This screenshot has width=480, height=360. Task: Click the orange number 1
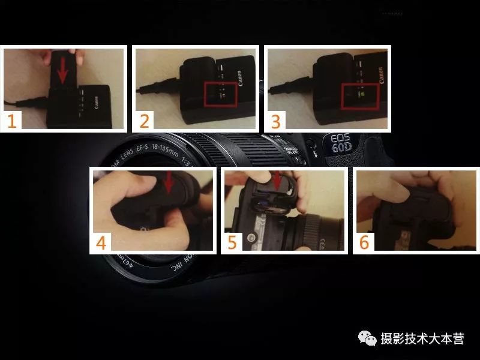pyautogui.click(x=12, y=121)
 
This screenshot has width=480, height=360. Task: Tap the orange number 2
pyautogui.click(x=144, y=121)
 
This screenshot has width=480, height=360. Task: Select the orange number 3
pyautogui.click(x=276, y=121)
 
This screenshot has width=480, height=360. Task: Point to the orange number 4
pyautogui.click(x=101, y=242)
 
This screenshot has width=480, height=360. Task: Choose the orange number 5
pyautogui.click(x=232, y=242)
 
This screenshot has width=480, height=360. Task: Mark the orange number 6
pyautogui.click(x=364, y=242)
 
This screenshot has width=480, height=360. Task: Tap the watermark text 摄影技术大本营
pyautogui.click(x=422, y=339)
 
